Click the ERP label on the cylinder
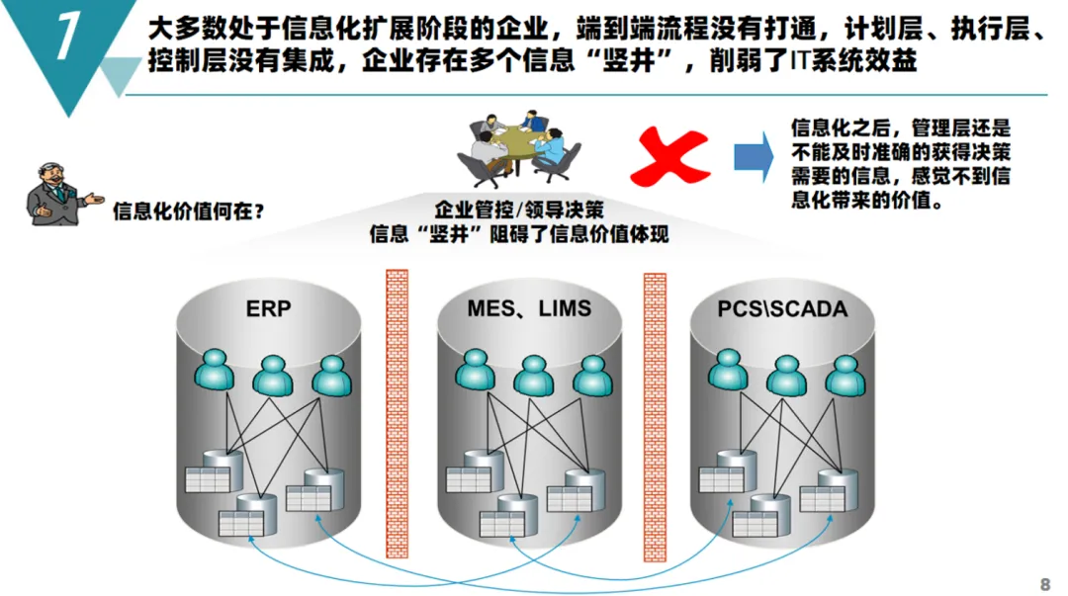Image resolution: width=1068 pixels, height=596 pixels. coord(268,308)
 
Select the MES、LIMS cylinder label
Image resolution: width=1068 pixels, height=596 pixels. coord(529,308)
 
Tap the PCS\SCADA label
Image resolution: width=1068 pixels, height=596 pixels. coord(782,308)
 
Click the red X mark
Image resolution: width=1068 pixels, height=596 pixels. coord(670,156)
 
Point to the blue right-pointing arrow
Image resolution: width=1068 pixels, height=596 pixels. coord(754,156)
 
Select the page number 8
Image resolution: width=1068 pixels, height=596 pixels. coord(1045,584)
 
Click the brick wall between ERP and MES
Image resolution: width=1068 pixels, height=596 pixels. coord(398,414)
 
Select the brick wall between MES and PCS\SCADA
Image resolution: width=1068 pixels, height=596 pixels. coord(655,417)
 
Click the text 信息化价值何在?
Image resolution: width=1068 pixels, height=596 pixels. coord(189,212)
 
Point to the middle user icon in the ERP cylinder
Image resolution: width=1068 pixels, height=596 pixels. coord(273,376)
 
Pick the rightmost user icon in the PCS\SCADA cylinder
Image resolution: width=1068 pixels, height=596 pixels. coord(845,376)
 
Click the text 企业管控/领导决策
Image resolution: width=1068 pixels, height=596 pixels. coord(519,210)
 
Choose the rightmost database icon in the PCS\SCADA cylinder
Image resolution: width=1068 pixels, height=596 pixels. coord(829,490)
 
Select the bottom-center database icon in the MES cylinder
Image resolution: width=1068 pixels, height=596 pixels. coord(508,515)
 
